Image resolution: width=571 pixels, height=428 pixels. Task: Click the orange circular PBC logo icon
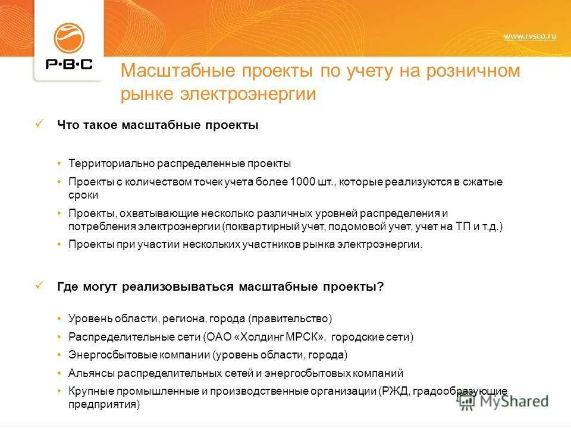tap(69, 37)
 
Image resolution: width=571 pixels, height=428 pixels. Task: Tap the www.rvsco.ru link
tap(529, 37)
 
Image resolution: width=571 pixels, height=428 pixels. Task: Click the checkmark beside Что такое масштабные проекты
tap(40, 124)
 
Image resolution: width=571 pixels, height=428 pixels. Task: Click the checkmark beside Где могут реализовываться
tap(40, 285)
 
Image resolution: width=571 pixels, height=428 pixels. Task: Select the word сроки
tap(83, 194)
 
